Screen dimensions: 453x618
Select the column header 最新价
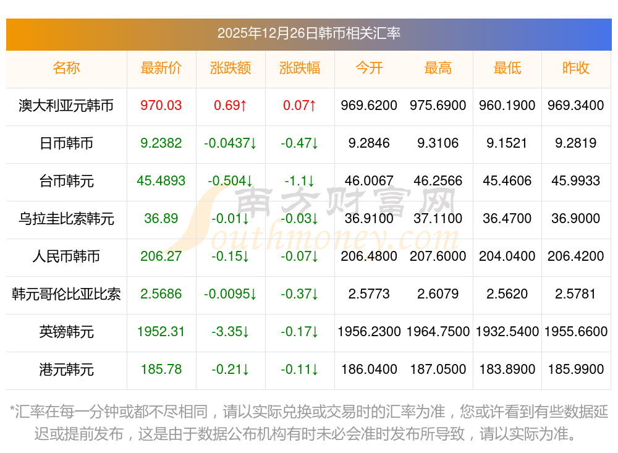point(161,68)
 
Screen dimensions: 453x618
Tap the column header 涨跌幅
point(300,68)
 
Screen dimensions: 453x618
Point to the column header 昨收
point(576,68)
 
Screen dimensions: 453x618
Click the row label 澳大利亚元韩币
point(66,106)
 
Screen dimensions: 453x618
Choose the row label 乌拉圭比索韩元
point(66,219)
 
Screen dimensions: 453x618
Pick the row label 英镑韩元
point(66,332)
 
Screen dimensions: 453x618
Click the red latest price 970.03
point(161,106)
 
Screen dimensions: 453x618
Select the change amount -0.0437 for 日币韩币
point(231,143)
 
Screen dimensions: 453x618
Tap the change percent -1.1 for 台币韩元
point(300,181)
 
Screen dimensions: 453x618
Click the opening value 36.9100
point(369,219)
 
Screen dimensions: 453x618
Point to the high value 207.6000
point(438,256)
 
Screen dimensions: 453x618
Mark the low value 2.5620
point(507,294)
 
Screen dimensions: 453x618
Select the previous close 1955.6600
point(576,332)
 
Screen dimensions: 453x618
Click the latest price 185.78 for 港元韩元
point(161,370)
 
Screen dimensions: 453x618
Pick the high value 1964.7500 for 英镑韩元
point(438,332)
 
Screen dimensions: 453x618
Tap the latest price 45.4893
point(161,181)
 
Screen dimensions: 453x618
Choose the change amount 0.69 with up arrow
point(231,106)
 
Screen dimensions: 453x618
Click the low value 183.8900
point(507,370)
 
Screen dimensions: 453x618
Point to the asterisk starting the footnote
point(13,410)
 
